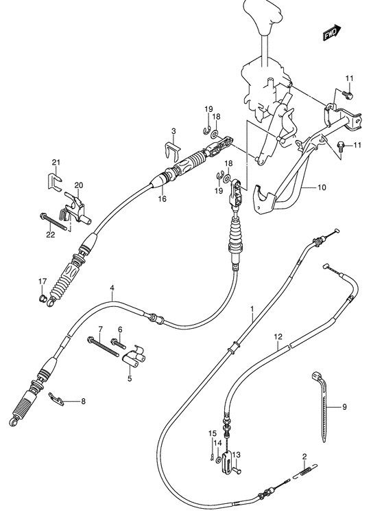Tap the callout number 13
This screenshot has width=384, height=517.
236,455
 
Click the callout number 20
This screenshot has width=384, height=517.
79,185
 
